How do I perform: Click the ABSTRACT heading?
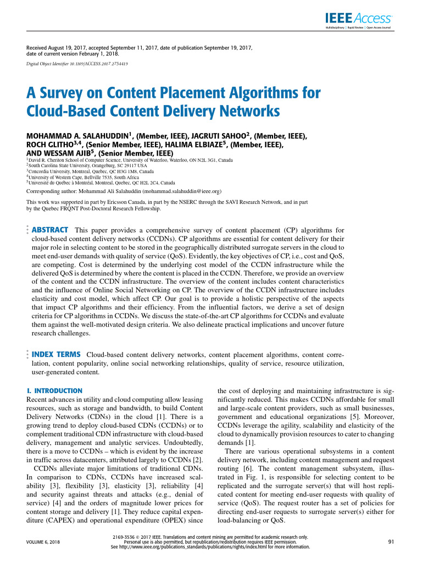pos(51,230)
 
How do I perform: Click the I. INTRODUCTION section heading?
pos(54,390)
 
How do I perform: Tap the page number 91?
pos(391,542)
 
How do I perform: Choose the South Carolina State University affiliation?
pos(88,165)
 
